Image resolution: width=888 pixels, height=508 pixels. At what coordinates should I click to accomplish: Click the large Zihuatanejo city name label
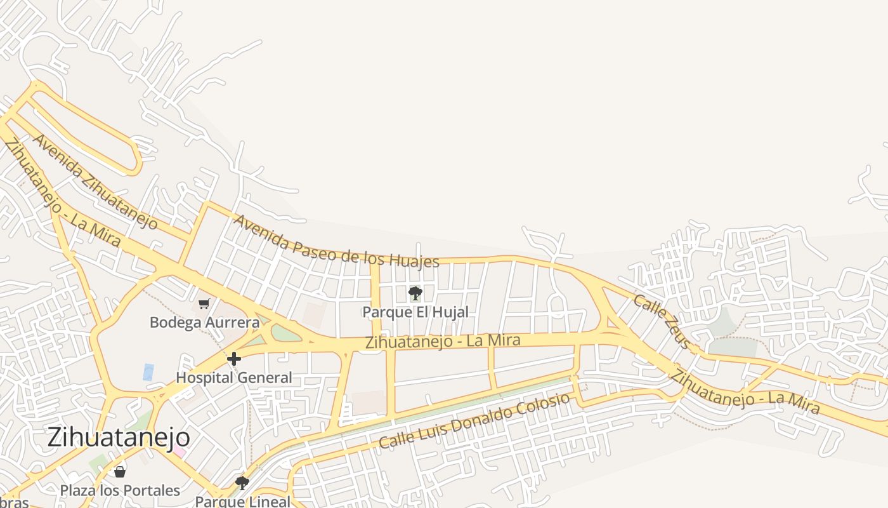click(x=119, y=438)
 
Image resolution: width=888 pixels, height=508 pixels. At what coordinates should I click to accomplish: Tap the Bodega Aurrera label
click(x=204, y=323)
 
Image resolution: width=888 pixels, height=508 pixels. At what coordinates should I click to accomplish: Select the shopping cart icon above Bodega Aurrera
click(x=204, y=304)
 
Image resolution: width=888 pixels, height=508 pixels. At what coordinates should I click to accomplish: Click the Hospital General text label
click(x=233, y=378)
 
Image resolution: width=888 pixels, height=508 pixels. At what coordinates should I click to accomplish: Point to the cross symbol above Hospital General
click(x=233, y=359)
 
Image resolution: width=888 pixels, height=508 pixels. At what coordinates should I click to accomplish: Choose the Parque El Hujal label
click(x=415, y=312)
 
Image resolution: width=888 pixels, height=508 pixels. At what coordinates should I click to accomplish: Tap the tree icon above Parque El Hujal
click(x=415, y=293)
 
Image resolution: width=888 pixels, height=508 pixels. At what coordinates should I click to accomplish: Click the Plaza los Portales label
click(x=120, y=490)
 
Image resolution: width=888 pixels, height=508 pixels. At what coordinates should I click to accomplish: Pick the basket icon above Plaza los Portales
click(x=119, y=472)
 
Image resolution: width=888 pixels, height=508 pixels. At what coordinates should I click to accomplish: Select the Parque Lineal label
click(x=242, y=501)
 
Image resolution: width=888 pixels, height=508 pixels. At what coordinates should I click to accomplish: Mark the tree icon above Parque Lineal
click(x=242, y=483)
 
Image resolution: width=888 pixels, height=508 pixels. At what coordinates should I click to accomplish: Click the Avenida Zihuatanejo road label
click(x=95, y=182)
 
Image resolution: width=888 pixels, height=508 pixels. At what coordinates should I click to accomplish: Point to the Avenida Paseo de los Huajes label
click(x=336, y=242)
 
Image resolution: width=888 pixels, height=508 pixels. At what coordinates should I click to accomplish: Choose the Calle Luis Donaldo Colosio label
click(x=474, y=421)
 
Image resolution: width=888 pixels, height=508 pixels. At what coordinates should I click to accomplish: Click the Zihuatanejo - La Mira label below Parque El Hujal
click(x=443, y=342)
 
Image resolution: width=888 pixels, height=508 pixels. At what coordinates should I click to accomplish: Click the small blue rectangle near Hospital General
click(x=148, y=372)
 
